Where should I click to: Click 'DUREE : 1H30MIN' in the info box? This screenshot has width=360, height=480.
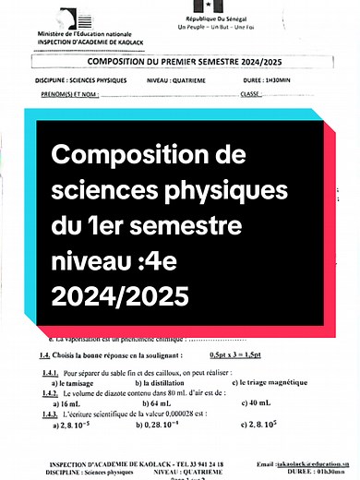pos(290,80)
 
